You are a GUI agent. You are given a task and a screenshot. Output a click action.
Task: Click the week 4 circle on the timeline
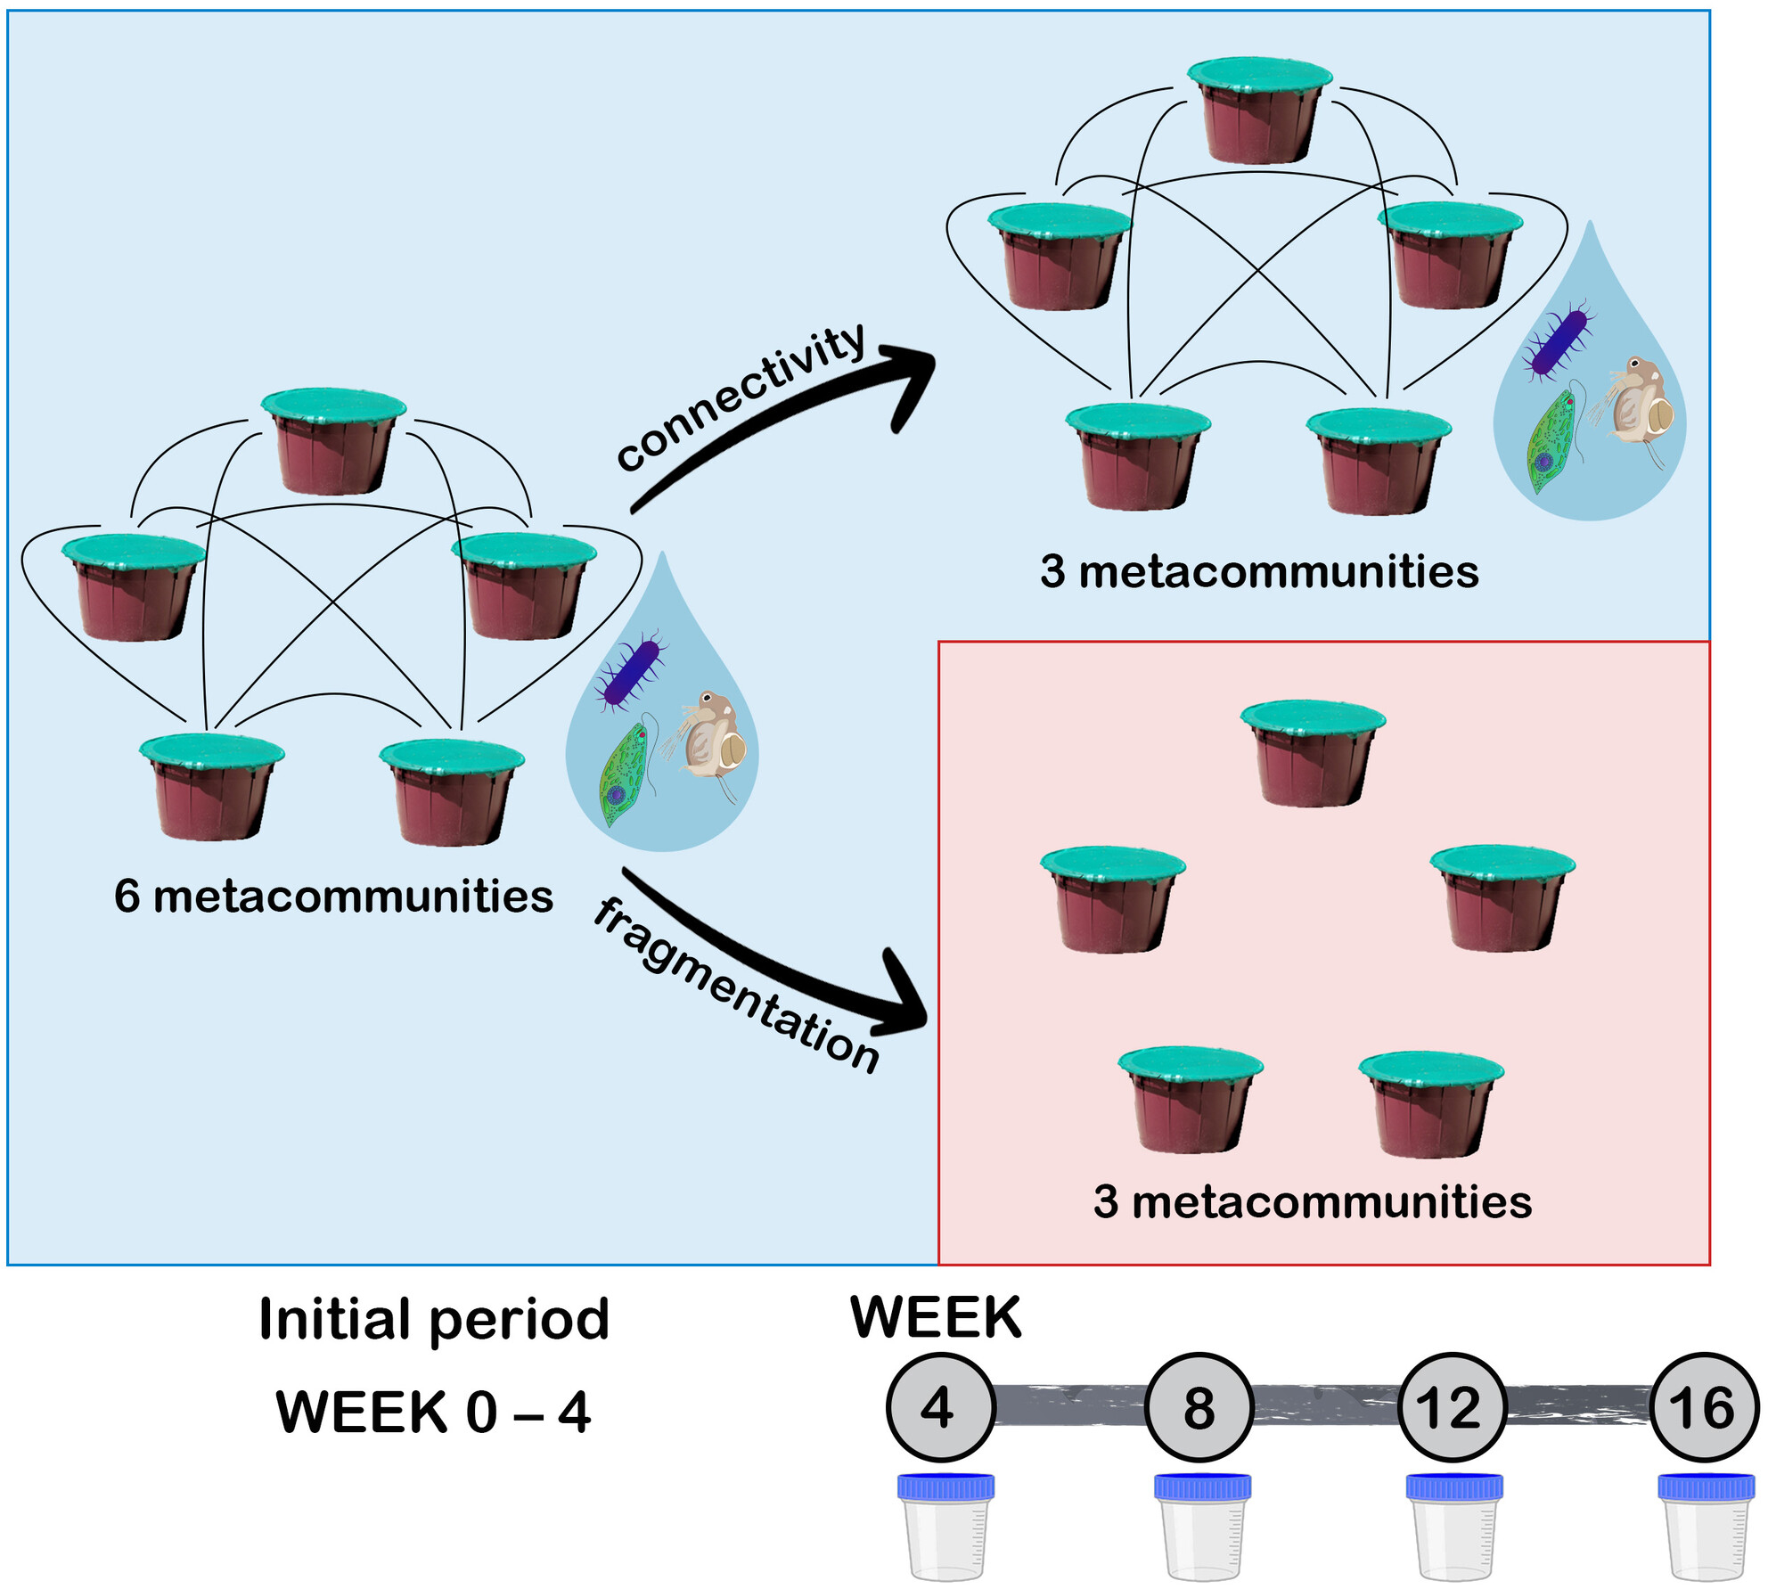tap(939, 1407)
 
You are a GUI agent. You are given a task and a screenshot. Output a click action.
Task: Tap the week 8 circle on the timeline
tap(1199, 1407)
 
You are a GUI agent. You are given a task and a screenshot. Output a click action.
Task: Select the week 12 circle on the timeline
tap(1452, 1407)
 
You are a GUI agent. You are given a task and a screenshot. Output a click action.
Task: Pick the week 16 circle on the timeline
tap(1704, 1407)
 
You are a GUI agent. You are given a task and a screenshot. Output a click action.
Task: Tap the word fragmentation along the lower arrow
tap(736, 985)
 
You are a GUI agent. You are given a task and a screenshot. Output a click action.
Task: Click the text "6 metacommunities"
tap(333, 896)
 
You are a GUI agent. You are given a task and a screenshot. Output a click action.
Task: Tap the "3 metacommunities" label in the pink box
tap(1312, 1201)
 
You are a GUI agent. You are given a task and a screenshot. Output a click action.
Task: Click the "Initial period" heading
tap(434, 1319)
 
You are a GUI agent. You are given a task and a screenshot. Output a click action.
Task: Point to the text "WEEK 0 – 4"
tap(433, 1413)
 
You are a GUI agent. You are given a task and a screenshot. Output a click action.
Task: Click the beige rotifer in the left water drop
tap(713, 735)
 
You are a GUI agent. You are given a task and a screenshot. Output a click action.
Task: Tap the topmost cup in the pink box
tap(1313, 753)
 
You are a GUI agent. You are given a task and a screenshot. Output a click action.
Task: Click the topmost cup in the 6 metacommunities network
tap(333, 441)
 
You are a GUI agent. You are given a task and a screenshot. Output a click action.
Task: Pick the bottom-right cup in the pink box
tap(1431, 1104)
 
